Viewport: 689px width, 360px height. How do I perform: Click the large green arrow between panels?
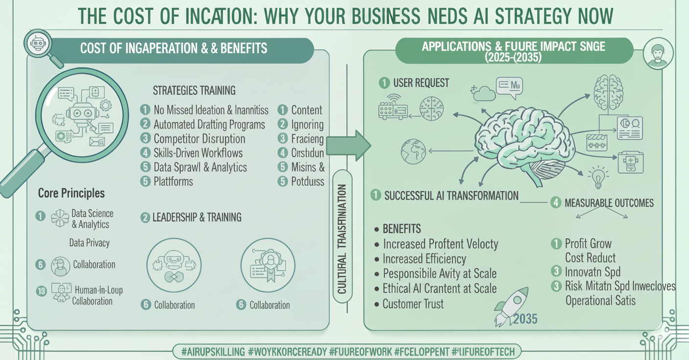[x=348, y=145]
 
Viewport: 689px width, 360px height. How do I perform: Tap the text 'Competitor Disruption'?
[x=199, y=138]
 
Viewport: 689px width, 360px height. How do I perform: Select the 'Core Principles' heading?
[x=71, y=193]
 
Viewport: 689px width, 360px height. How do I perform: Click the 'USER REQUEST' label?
[x=421, y=83]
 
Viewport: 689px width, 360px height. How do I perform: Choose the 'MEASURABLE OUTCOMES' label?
[x=609, y=202]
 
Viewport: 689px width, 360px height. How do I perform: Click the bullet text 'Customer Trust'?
[x=413, y=304]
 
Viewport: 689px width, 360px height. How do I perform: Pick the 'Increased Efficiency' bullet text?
[x=424, y=259]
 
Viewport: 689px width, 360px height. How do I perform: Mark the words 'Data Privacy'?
[x=89, y=243]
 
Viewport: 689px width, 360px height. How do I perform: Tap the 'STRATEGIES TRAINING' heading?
[x=194, y=90]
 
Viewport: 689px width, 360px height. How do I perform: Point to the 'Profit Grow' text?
[x=588, y=244]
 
